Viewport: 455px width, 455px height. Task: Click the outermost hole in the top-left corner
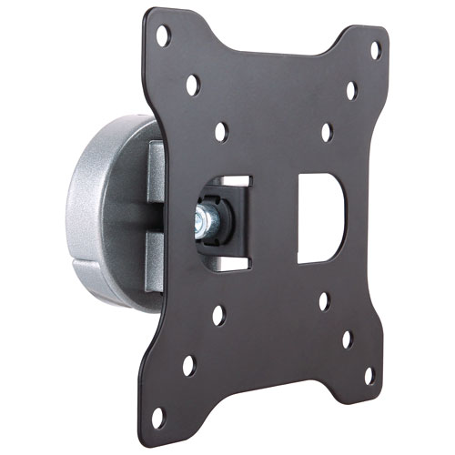pyautogui.click(x=164, y=37)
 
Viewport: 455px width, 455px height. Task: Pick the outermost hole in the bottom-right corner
pyautogui.click(x=369, y=375)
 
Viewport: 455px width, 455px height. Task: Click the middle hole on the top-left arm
pyautogui.click(x=193, y=86)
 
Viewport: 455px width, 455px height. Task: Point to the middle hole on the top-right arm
pyautogui.click(x=351, y=90)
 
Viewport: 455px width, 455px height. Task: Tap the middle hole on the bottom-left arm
pyautogui.click(x=217, y=316)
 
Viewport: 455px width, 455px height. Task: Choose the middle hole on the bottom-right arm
pyautogui.click(x=347, y=339)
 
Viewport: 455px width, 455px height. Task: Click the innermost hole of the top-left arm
pyautogui.click(x=221, y=132)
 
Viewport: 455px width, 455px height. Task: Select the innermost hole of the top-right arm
pyautogui.click(x=326, y=132)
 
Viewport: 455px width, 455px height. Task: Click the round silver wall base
pyautogui.click(x=96, y=209)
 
